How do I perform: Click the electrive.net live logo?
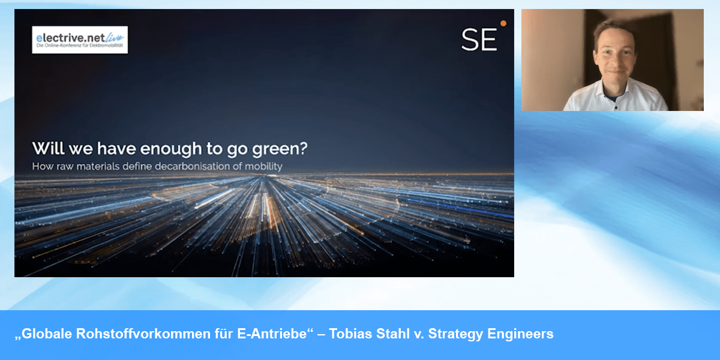pos(80,40)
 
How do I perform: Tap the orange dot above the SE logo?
pos(503,23)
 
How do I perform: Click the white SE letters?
pos(479,40)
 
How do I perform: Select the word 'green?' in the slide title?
pos(280,149)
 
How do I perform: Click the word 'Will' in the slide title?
pos(48,148)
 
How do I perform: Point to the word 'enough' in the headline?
pos(170,149)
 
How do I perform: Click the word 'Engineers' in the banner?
pos(520,334)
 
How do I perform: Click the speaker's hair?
pos(613,31)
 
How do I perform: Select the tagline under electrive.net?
pos(80,46)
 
